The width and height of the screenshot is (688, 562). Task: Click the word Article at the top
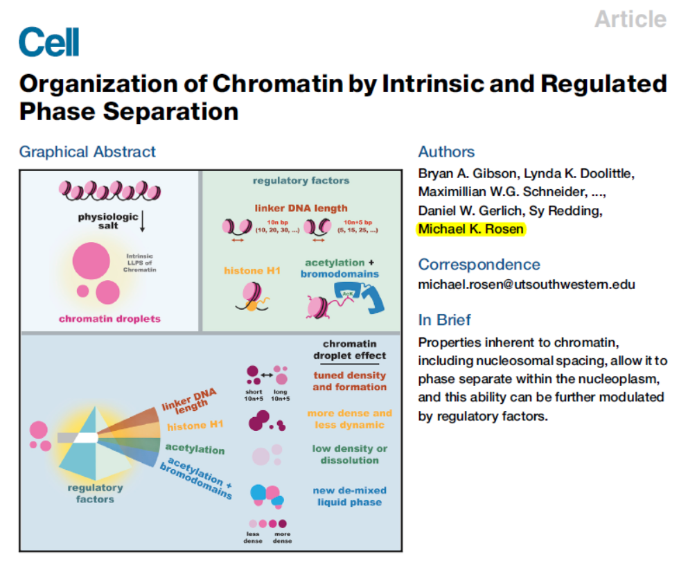(x=630, y=19)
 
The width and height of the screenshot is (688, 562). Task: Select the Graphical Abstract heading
(x=87, y=152)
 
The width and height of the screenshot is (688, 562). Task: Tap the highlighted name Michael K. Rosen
(x=471, y=229)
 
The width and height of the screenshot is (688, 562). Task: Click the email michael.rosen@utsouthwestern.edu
(x=527, y=284)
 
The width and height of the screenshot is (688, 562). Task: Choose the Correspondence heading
(x=479, y=264)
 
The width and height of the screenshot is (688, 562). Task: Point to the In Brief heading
(x=444, y=319)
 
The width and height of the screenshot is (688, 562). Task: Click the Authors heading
(x=446, y=152)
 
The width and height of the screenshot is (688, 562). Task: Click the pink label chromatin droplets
(x=109, y=319)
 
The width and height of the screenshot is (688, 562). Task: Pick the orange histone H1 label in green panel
(x=253, y=270)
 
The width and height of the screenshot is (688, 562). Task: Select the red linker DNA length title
(x=301, y=207)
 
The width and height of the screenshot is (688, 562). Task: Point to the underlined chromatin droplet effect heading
(x=350, y=349)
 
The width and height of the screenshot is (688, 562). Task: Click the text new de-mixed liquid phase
(x=349, y=496)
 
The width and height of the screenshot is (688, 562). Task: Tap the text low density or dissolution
(x=349, y=454)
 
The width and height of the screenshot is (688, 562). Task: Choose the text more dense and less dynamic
(x=349, y=419)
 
